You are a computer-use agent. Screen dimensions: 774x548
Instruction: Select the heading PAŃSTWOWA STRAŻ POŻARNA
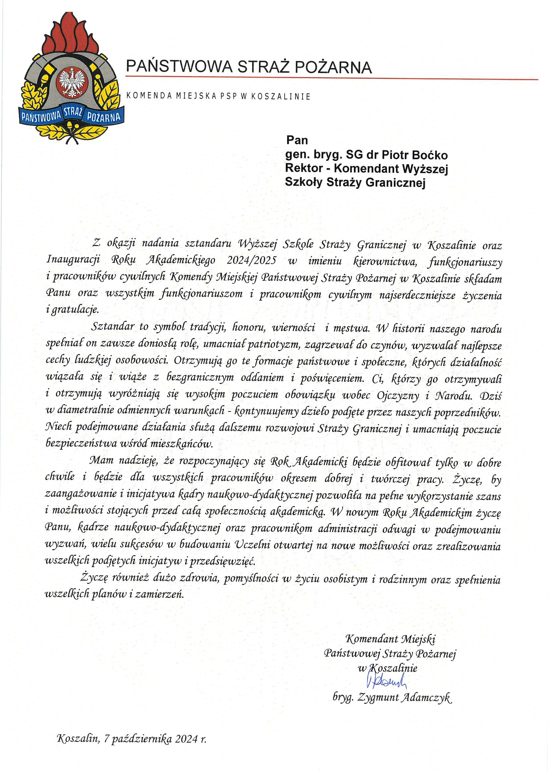click(249, 67)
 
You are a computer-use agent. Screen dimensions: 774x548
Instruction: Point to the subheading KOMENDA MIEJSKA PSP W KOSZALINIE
click(218, 96)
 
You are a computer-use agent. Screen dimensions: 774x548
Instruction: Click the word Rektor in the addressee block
click(299, 168)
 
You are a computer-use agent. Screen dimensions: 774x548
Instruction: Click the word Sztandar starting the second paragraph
click(113, 327)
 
